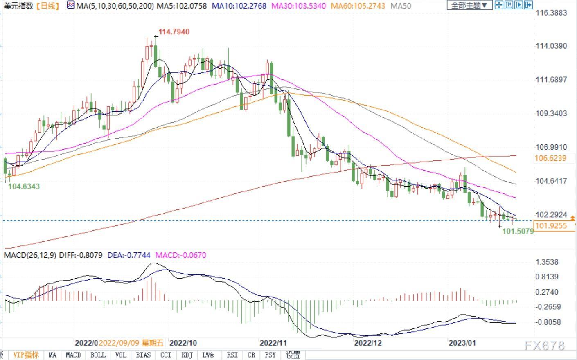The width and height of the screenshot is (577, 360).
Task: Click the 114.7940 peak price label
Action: tap(174, 32)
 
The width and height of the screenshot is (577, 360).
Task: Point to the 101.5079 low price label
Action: tap(518, 231)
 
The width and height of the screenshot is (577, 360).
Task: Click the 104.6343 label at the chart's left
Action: tap(24, 187)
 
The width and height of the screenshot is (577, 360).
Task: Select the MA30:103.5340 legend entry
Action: tap(299, 6)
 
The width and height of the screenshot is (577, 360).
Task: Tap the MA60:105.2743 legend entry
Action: tap(358, 6)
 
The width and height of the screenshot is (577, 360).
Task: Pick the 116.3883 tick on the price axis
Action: tap(551, 13)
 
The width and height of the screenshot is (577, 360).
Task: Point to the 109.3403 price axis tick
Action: tap(551, 113)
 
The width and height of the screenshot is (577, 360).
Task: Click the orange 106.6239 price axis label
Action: tap(550, 158)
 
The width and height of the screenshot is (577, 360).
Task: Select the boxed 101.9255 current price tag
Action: tap(551, 226)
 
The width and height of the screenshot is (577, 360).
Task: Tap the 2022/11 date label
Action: tap(273, 343)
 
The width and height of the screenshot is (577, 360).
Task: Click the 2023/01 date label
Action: tap(462, 343)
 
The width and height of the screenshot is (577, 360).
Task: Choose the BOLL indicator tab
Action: tap(98, 355)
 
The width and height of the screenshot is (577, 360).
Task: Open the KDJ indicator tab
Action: tap(187, 355)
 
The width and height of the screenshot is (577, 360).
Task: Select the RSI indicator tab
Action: tap(232, 355)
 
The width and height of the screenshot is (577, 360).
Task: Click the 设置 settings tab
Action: tap(293, 355)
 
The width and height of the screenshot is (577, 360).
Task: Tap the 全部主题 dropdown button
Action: tap(469, 5)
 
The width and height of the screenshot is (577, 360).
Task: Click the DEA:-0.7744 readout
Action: tap(128, 255)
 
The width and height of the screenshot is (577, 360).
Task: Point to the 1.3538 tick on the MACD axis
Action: tap(547, 262)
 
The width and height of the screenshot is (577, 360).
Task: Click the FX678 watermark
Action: tap(544, 346)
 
